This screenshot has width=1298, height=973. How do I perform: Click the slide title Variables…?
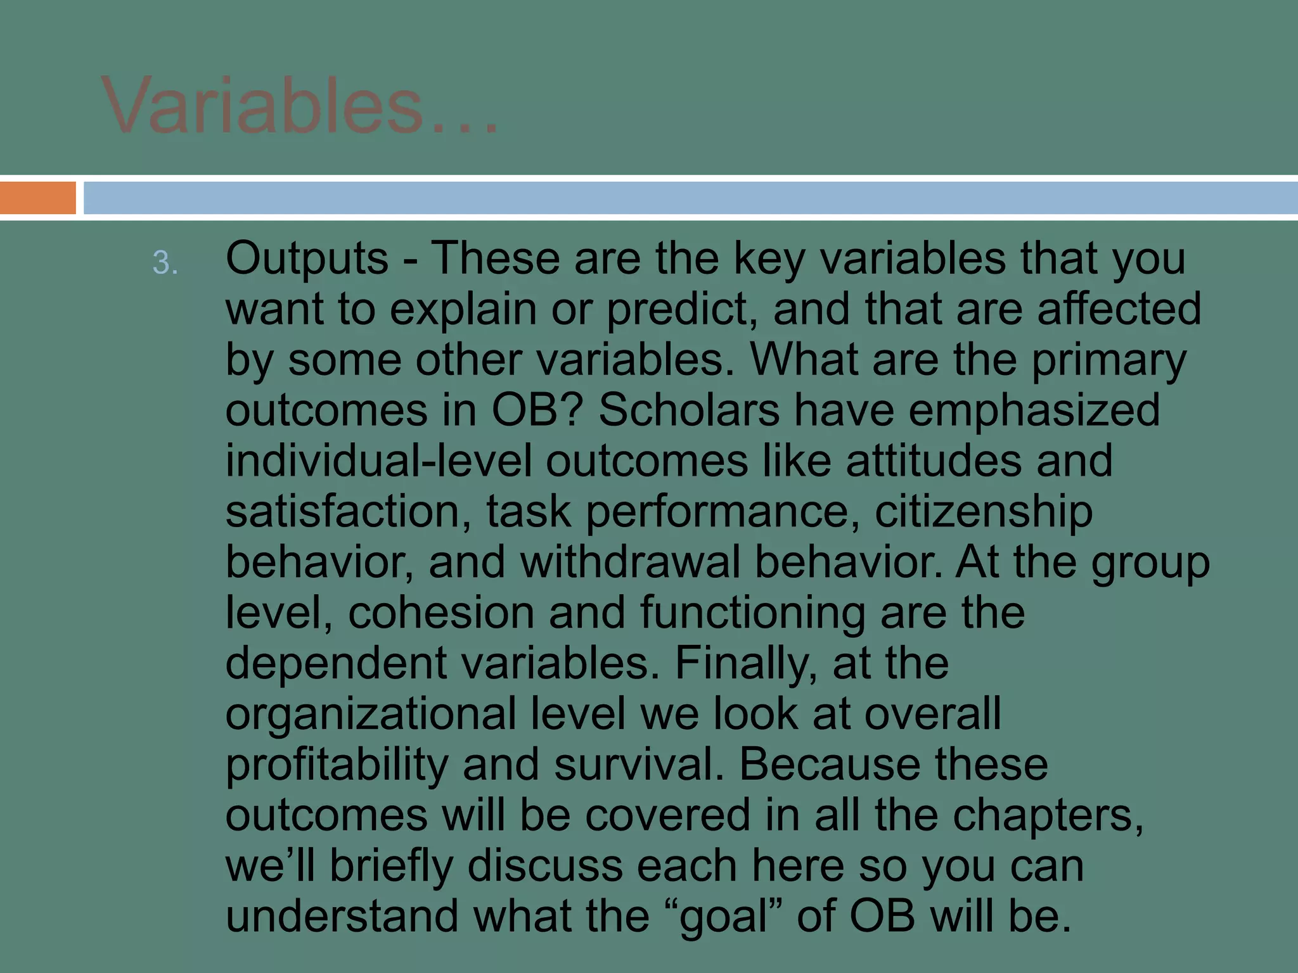click(x=300, y=106)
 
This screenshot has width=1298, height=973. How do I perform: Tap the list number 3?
click(x=165, y=263)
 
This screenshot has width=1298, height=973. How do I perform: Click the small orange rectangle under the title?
click(x=38, y=198)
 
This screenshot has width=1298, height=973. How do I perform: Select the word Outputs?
click(x=307, y=260)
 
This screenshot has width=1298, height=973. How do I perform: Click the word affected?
click(x=1119, y=309)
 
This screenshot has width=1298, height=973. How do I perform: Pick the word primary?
click(x=1108, y=361)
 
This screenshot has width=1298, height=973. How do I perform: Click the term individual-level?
click(x=378, y=461)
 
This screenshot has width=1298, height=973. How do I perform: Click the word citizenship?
click(x=984, y=512)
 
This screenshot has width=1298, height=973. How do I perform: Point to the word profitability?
click(x=337, y=765)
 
